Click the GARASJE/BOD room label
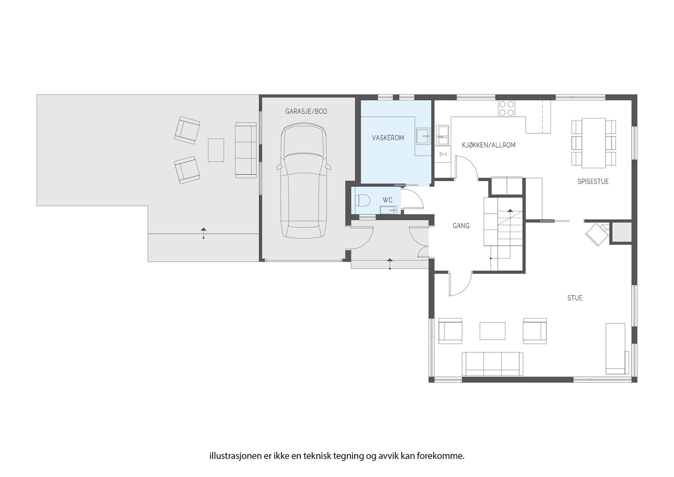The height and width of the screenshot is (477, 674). click(x=306, y=112)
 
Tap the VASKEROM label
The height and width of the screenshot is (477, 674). click(x=388, y=138)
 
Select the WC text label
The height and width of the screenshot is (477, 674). click(x=388, y=200)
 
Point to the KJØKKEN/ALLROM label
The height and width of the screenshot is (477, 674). click(x=489, y=145)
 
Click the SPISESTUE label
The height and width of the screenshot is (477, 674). click(x=593, y=182)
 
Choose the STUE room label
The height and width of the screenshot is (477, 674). click(x=575, y=298)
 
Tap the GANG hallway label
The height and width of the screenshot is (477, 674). click(x=461, y=226)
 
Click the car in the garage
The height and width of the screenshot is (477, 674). click(x=304, y=180)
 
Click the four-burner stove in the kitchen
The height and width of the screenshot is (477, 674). click(x=507, y=108)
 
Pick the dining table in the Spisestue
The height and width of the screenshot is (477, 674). click(x=594, y=143)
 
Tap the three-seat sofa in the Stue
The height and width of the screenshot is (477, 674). click(x=492, y=364)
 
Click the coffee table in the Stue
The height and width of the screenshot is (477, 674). click(x=492, y=331)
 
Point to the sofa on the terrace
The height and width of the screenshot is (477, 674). click(x=246, y=150)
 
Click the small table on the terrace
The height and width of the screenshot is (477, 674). click(x=216, y=150)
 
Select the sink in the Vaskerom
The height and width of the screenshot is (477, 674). click(x=424, y=136)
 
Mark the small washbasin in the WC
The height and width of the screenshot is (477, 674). click(x=388, y=210)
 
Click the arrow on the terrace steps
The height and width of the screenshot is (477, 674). click(x=204, y=233)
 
